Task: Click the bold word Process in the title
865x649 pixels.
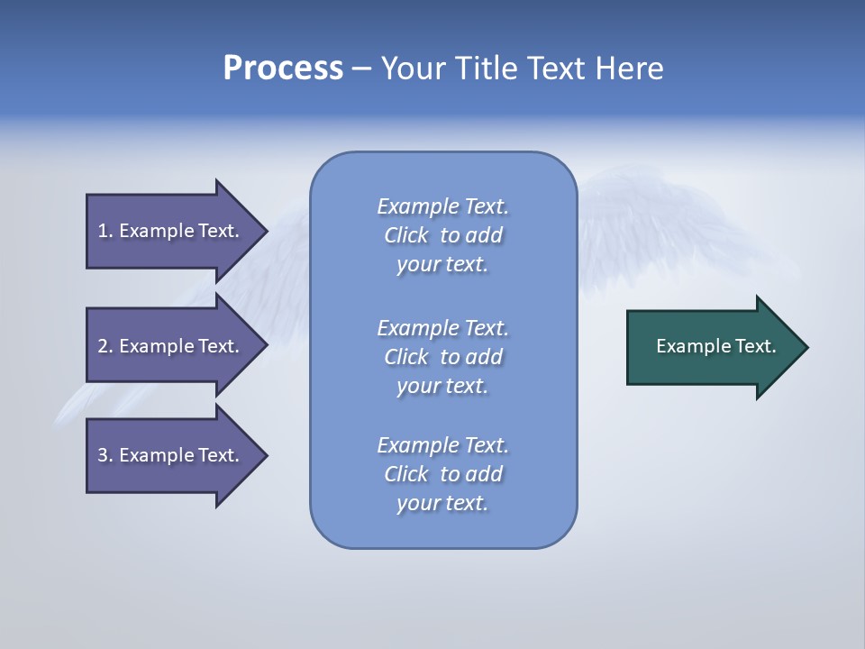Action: pos(283,69)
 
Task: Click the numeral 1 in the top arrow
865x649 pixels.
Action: pos(103,231)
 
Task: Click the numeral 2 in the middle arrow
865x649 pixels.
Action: pos(103,346)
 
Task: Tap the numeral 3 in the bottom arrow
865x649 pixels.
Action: pos(103,455)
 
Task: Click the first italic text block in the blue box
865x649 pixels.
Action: pos(442,235)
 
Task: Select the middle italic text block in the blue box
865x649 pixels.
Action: pos(442,357)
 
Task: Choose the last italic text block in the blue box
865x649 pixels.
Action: pos(442,474)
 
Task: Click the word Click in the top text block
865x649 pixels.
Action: pos(405,235)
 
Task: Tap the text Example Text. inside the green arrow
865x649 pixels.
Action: pos(715,346)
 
